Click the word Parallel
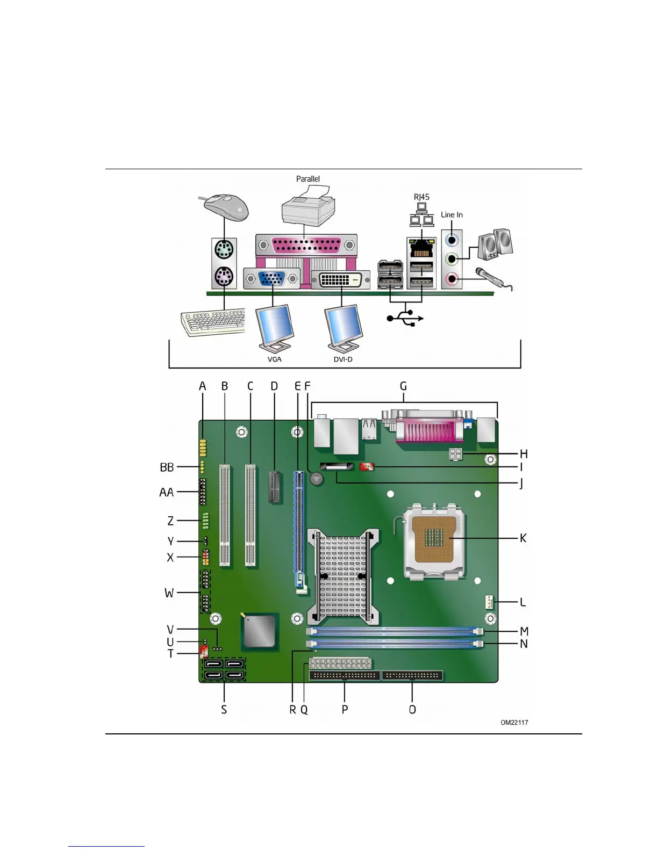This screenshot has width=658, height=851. tap(308, 179)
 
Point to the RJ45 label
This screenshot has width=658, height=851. tap(421, 197)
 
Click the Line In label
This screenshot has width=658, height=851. tap(452, 215)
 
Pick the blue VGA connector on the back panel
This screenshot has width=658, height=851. tap(271, 279)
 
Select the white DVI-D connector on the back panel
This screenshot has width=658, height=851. tap(340, 280)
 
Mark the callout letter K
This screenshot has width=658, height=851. tap(523, 538)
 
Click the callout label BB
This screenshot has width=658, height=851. tap(167, 467)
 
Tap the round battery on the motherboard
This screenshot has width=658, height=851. tap(317, 478)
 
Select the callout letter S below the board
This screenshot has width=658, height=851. tap(224, 710)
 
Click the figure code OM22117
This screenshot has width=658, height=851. tap(514, 723)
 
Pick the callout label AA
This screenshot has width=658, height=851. tap(167, 492)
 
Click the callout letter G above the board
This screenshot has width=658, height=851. tap(403, 386)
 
